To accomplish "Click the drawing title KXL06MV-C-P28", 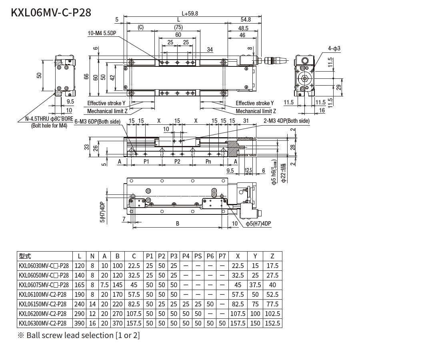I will [51, 13].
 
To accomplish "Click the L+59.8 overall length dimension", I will [190, 13].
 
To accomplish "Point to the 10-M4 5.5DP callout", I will [102, 34].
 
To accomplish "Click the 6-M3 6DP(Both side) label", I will [98, 121].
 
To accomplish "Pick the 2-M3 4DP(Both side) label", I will [286, 121].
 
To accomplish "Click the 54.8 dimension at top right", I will [246, 19].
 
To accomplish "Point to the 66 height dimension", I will [86, 77].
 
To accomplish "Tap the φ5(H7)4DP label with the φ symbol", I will [258, 223].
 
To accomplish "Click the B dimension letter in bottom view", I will [178, 224].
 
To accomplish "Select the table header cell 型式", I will [25, 256].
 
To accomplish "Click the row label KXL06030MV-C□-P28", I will [44, 266].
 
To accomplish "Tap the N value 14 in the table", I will [92, 304].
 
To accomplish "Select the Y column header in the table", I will [255, 256].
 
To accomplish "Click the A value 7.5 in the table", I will [104, 285].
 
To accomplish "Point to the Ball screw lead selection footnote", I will [79, 335].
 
